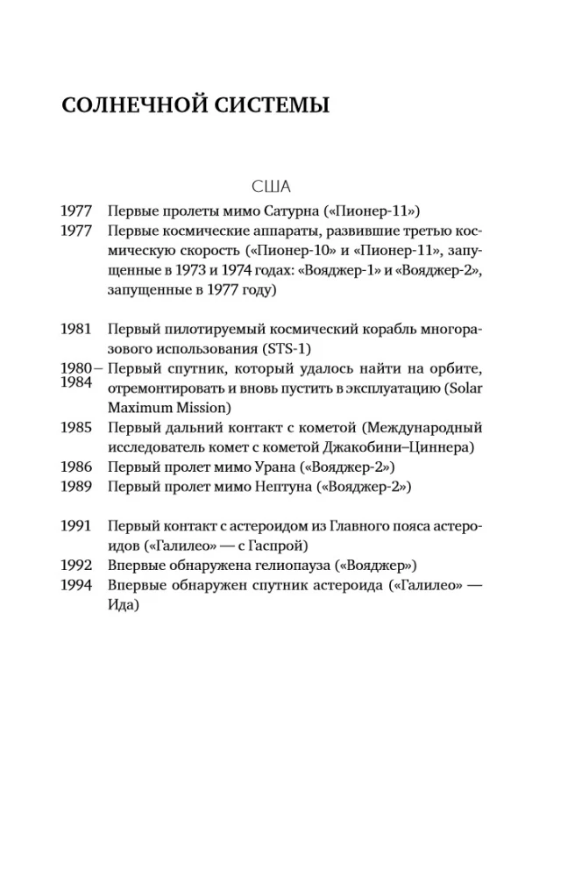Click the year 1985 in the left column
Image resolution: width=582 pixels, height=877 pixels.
click(x=77, y=427)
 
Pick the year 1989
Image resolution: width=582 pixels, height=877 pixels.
click(x=77, y=486)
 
